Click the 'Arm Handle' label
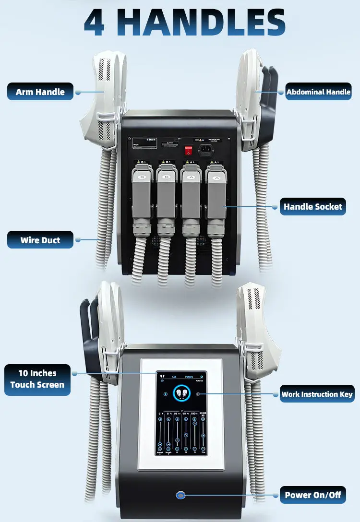click(x=40, y=92)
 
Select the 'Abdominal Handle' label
click(x=318, y=92)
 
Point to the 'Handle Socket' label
click(x=312, y=207)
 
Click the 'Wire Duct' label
click(x=40, y=240)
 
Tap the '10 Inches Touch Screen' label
click(x=37, y=379)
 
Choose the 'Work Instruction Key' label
click(x=317, y=394)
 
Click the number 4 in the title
click(x=95, y=22)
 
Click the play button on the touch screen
click(x=198, y=394)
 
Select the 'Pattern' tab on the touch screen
click(x=189, y=377)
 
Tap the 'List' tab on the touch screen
click(x=174, y=377)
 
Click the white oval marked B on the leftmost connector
click(x=142, y=178)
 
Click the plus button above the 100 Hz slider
click(x=194, y=419)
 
